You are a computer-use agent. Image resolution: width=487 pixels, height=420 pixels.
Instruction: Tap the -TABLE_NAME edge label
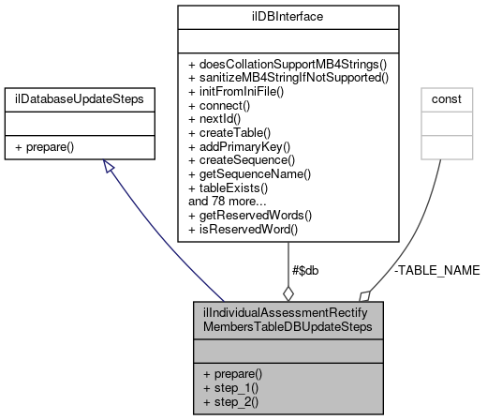437,269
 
